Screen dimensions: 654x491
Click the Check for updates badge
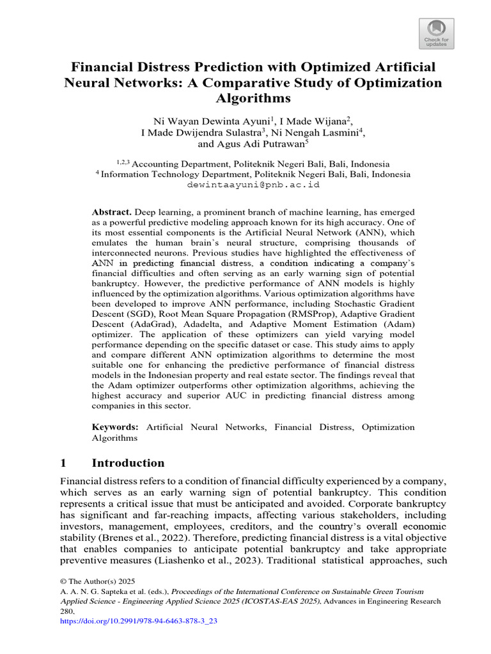tap(437, 33)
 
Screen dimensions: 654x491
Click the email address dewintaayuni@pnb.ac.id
tap(253, 184)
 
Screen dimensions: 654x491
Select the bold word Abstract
tap(112, 212)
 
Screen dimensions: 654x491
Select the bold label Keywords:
tap(115, 427)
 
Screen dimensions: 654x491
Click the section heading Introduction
tap(128, 463)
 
